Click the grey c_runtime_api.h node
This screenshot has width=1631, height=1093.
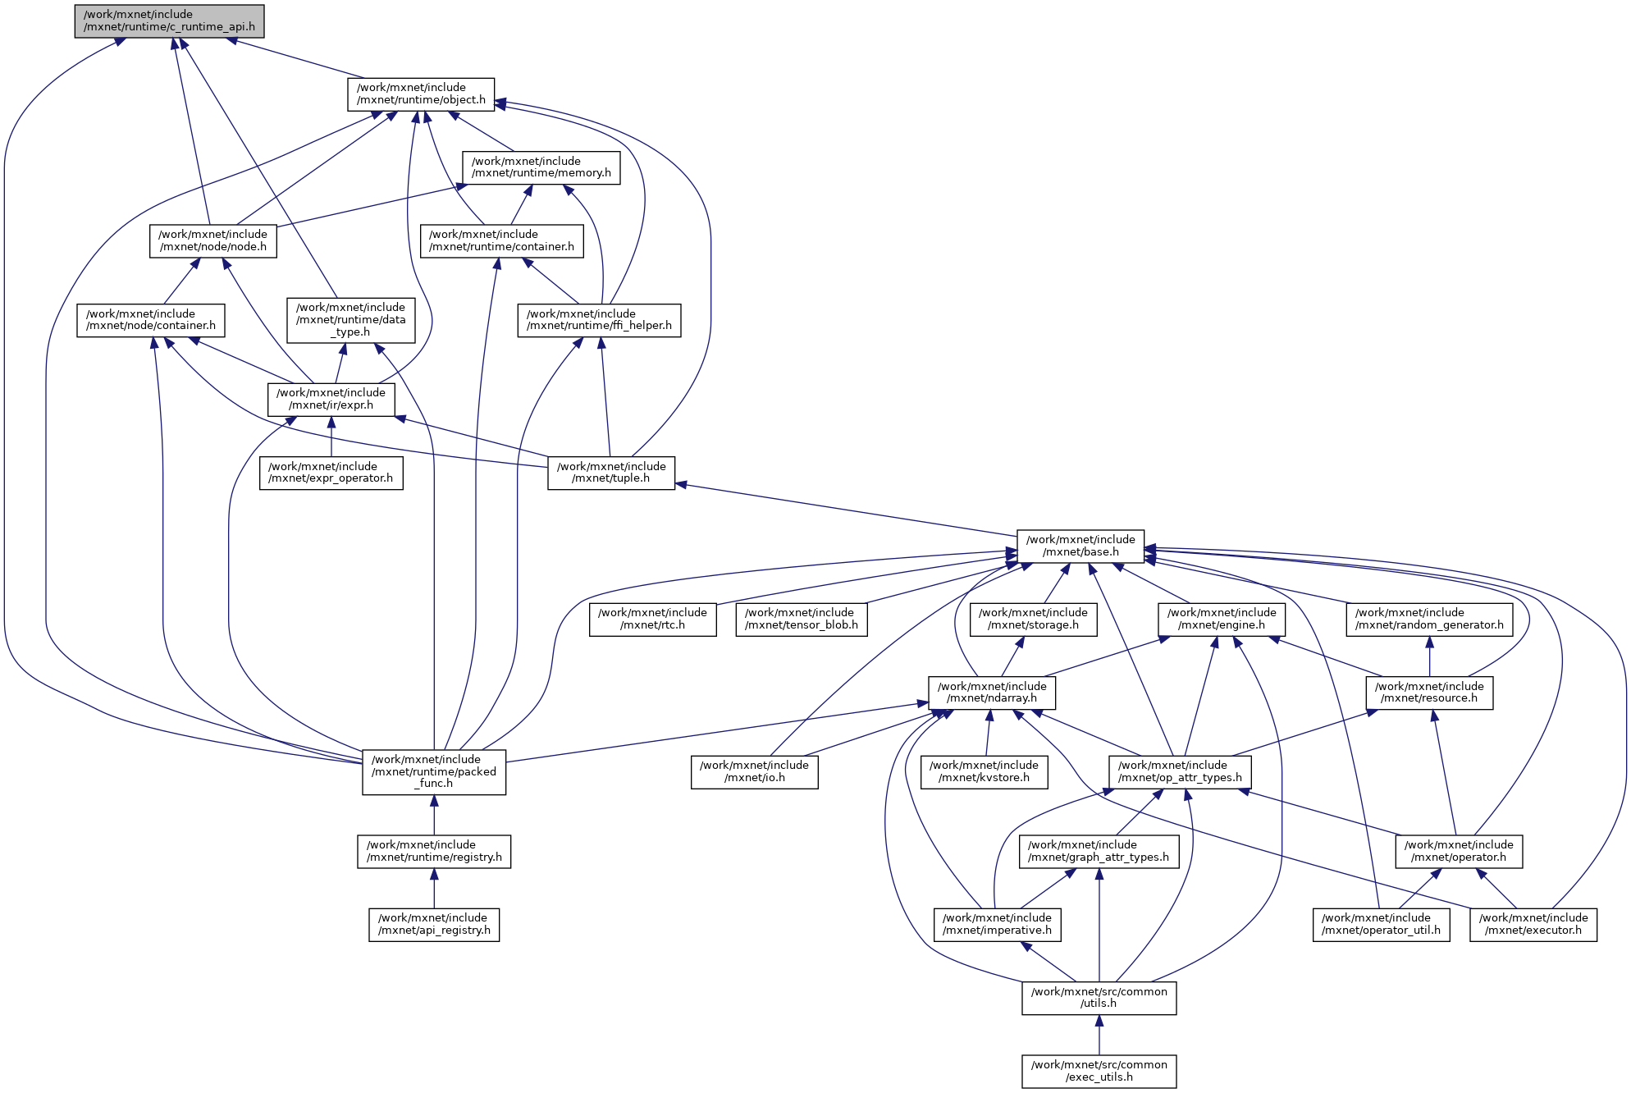[169, 21]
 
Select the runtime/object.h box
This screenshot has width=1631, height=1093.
[421, 94]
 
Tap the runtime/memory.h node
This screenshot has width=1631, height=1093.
[541, 167]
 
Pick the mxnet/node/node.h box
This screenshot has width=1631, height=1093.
[212, 240]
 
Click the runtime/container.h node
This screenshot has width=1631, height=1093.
[501, 240]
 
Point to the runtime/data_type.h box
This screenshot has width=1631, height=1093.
[350, 319]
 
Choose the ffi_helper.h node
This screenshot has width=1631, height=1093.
[599, 320]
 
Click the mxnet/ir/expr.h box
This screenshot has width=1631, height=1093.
[331, 399]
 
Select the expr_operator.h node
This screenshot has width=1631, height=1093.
[331, 473]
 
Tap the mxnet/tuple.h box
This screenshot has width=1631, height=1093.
[611, 473]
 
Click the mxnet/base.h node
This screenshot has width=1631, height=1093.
[1080, 546]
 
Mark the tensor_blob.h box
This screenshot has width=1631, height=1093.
[802, 619]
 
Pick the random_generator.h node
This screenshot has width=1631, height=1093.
[1429, 619]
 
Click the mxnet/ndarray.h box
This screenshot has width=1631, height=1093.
[992, 693]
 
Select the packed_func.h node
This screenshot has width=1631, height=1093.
[434, 771]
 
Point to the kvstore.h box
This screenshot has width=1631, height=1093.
[984, 771]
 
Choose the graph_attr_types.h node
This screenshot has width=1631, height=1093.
[1099, 851]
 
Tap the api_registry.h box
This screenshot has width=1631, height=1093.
[434, 924]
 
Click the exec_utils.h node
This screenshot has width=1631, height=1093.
[1099, 1071]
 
